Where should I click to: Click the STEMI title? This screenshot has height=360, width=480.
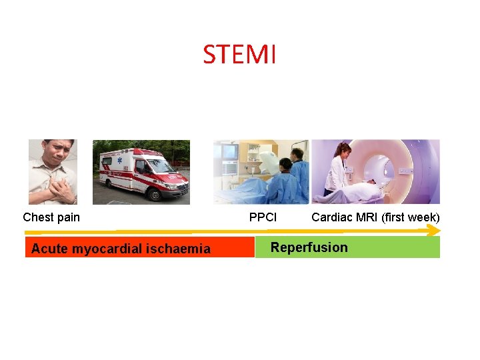coord(239,55)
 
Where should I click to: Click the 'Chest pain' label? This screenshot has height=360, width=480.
coord(51,217)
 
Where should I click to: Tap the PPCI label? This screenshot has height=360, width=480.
coord(263,217)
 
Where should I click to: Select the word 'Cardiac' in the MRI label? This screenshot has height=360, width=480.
coord(331,217)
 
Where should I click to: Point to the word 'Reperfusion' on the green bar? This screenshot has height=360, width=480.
coord(309,247)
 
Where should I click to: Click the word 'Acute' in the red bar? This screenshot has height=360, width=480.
coord(49,249)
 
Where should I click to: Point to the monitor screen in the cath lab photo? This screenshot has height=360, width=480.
coord(229,152)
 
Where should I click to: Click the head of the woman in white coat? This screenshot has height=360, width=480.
coord(345,151)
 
